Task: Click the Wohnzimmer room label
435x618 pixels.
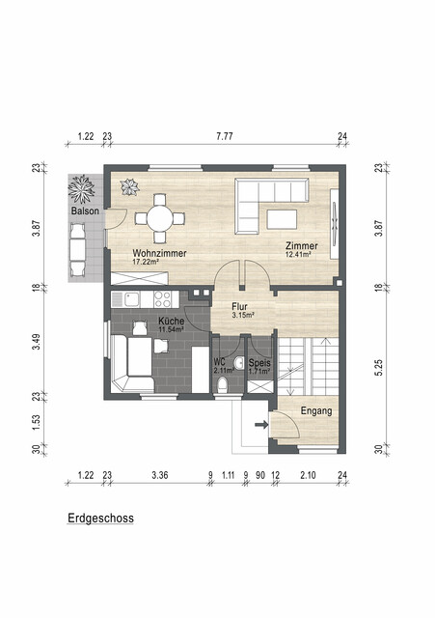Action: click(x=159, y=253)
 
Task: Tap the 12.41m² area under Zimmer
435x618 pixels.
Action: click(x=298, y=254)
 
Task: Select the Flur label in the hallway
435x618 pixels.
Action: click(x=239, y=306)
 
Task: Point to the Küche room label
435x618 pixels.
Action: click(x=172, y=321)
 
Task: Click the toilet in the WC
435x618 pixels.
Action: click(x=223, y=384)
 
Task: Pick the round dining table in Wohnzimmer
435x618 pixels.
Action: click(x=160, y=218)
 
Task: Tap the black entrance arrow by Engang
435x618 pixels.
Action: click(x=261, y=425)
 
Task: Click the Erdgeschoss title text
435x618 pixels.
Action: click(x=100, y=518)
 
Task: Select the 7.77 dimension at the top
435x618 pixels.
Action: click(x=225, y=136)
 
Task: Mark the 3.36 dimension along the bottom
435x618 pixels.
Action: click(x=160, y=475)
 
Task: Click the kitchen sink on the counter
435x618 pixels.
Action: click(x=131, y=299)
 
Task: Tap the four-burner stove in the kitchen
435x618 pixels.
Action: click(x=163, y=299)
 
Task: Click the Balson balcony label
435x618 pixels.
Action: click(x=85, y=211)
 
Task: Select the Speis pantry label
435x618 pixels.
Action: click(x=259, y=363)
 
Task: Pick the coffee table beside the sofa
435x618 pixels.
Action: click(x=282, y=219)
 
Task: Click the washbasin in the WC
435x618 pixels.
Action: click(x=239, y=362)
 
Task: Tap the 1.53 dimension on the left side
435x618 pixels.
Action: click(x=37, y=423)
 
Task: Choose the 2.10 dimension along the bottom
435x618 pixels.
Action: click(x=308, y=475)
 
